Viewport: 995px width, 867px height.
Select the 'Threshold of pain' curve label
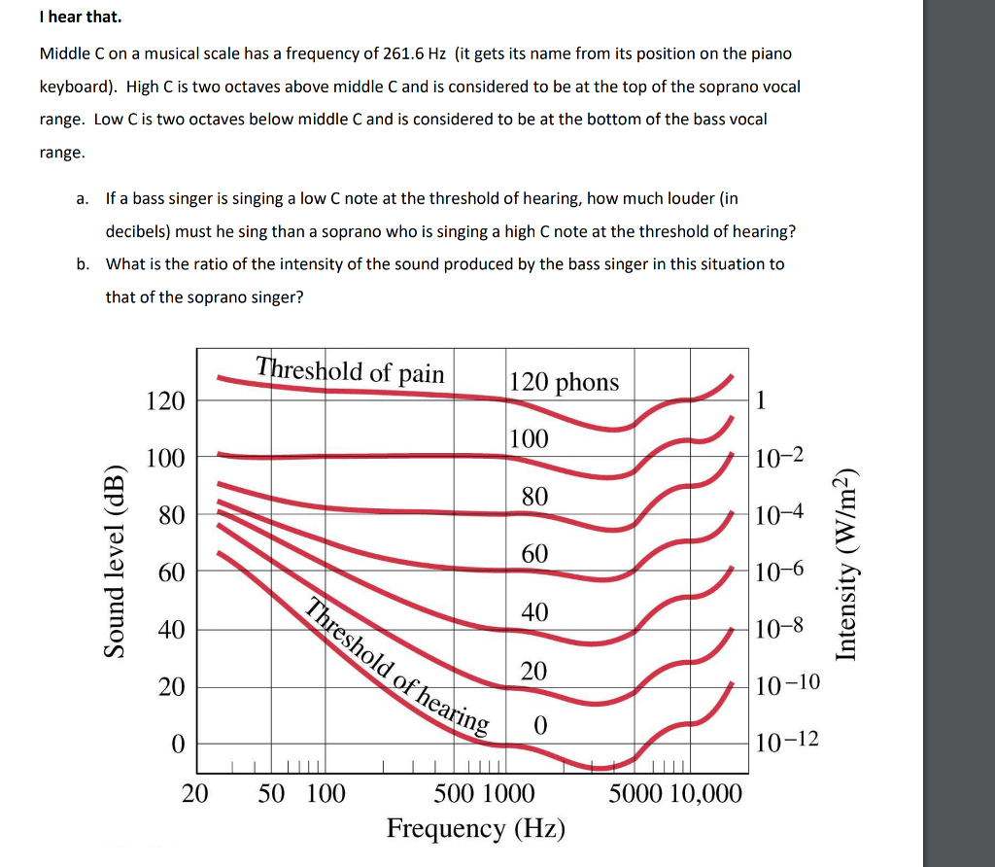tap(350, 370)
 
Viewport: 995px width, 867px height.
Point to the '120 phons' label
tap(564, 382)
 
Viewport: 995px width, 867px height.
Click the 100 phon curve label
tap(529, 438)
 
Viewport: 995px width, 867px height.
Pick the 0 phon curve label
tap(540, 726)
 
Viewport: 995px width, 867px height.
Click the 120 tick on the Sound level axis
tap(164, 400)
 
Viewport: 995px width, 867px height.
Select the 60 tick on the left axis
tap(171, 572)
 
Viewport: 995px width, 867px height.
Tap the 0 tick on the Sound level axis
tap(177, 745)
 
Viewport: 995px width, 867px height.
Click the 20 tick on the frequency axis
tap(195, 794)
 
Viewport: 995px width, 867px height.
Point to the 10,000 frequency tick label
tap(705, 794)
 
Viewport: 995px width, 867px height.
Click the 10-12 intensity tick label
tap(787, 743)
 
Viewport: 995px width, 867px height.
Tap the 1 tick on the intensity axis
tap(761, 399)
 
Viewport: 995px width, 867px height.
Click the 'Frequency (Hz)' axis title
tap(475, 829)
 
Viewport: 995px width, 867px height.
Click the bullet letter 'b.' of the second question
tap(85, 263)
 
